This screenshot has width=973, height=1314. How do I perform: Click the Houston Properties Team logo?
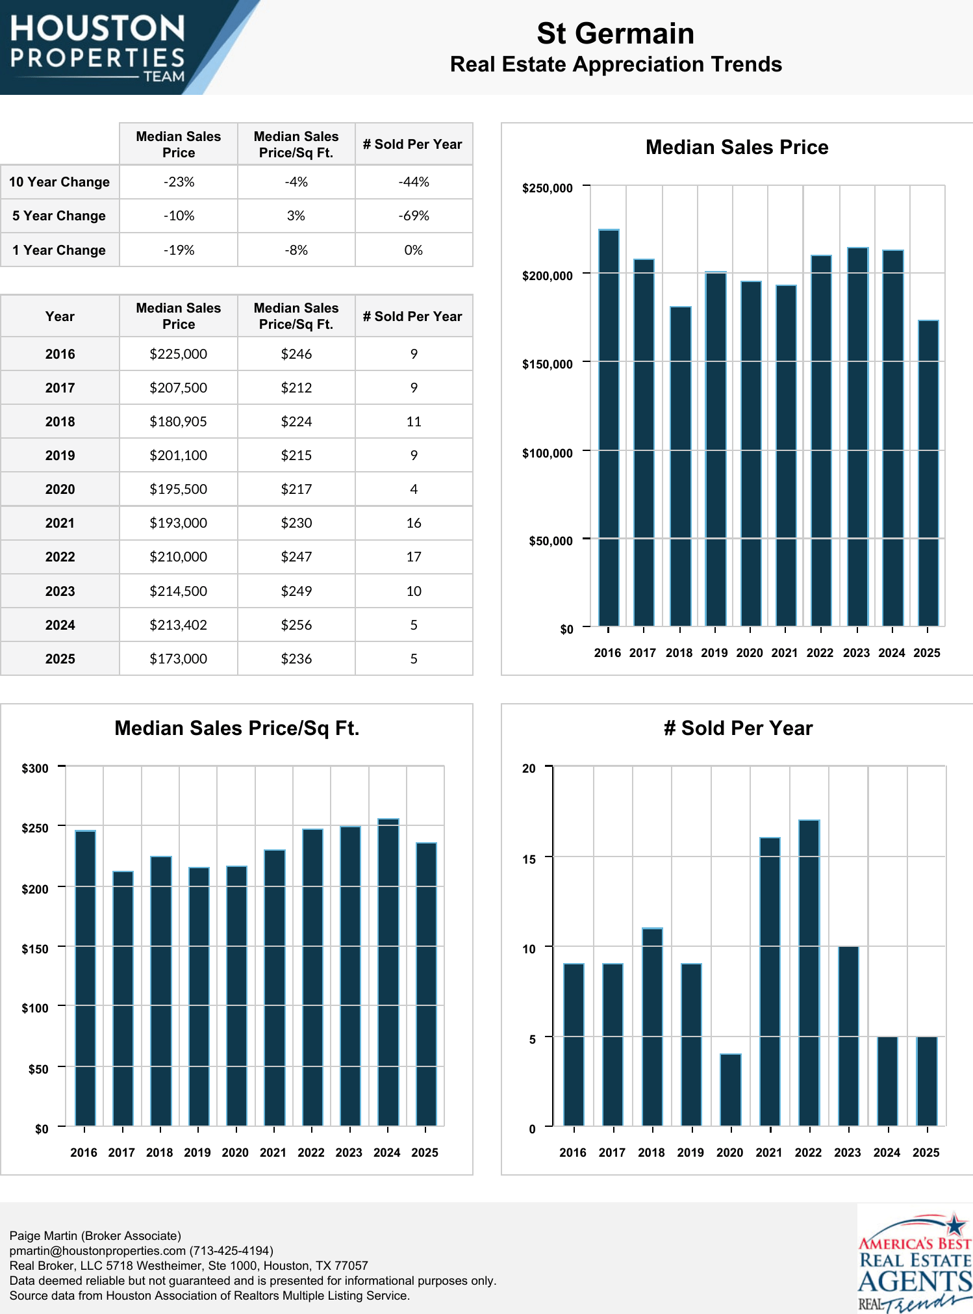97,47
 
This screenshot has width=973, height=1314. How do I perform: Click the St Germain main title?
615,34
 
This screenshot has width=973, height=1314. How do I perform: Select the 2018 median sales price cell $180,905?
178,422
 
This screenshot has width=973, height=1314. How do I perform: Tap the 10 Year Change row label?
59,182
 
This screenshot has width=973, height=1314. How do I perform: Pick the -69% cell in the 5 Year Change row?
414,216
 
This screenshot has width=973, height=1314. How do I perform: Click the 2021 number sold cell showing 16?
414,523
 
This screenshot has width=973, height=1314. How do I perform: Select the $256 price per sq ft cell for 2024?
296,625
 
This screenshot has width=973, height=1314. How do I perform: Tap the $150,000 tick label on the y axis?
547,365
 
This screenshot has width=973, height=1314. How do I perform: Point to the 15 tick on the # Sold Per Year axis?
529,859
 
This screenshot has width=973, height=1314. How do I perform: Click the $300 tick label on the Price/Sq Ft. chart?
35,769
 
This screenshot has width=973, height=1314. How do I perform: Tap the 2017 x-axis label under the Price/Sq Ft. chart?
121,1152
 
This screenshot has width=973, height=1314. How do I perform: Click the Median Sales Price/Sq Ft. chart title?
237,728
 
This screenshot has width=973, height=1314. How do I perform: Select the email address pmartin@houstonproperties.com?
97,1250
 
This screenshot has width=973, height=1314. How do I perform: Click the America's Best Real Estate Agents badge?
915,1261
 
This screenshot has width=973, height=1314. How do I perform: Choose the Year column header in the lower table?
60,316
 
